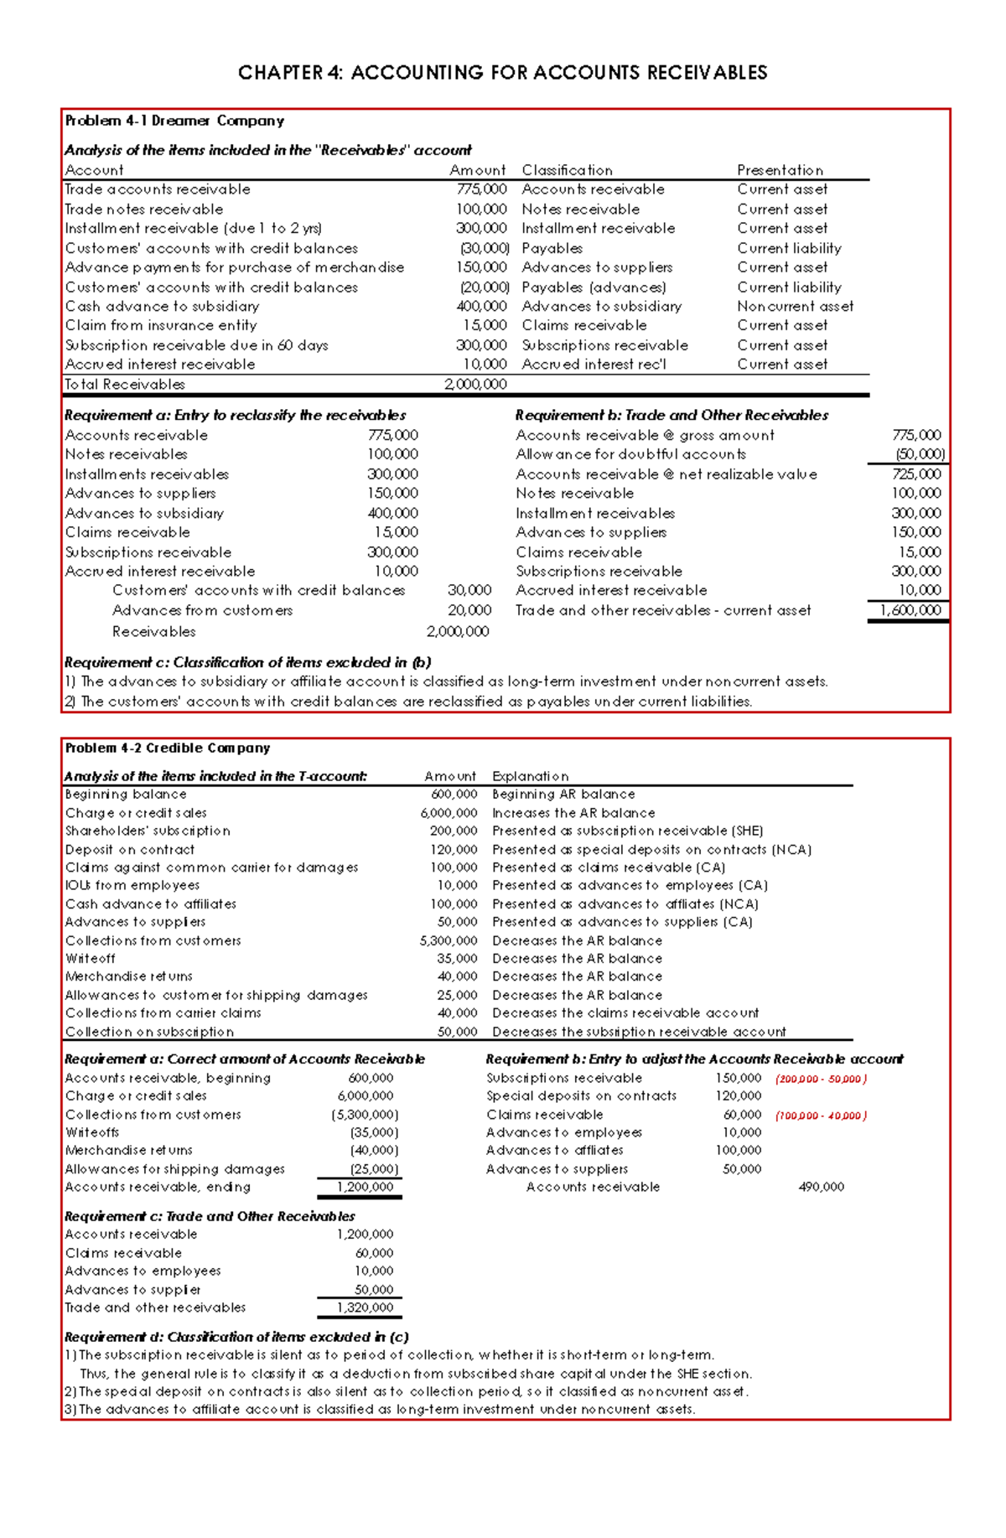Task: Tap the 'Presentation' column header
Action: click(780, 170)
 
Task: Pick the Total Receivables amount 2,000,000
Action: click(475, 385)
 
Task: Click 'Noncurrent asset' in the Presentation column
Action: click(795, 307)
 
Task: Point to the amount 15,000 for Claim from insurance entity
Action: click(485, 326)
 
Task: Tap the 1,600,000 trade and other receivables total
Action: click(910, 611)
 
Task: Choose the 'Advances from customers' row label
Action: click(202, 611)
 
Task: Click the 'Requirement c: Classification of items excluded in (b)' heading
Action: click(247, 662)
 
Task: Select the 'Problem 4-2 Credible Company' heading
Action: click(168, 748)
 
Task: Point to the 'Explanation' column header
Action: click(530, 776)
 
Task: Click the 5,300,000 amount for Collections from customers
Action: click(449, 941)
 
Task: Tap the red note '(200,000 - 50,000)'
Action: click(821, 1079)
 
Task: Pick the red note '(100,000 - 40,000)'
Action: click(821, 1116)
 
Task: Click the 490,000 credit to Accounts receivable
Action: click(821, 1187)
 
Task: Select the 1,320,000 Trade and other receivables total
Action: click(365, 1308)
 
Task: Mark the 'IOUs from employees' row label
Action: click(132, 885)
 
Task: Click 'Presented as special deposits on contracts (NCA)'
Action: click(651, 850)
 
